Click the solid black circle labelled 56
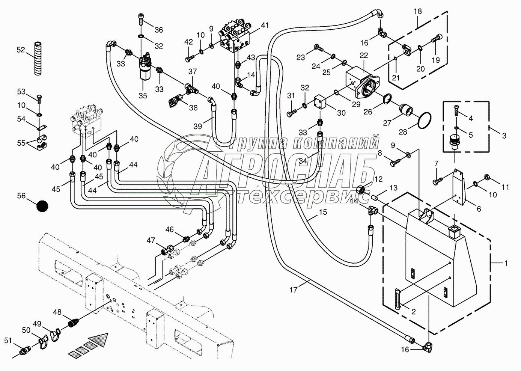[42, 206]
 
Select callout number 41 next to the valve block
[265, 26]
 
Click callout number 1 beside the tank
[506, 263]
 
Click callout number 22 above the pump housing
[364, 56]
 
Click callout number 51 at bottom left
[8, 341]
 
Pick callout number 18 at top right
[417, 12]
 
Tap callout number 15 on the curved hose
[322, 212]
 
